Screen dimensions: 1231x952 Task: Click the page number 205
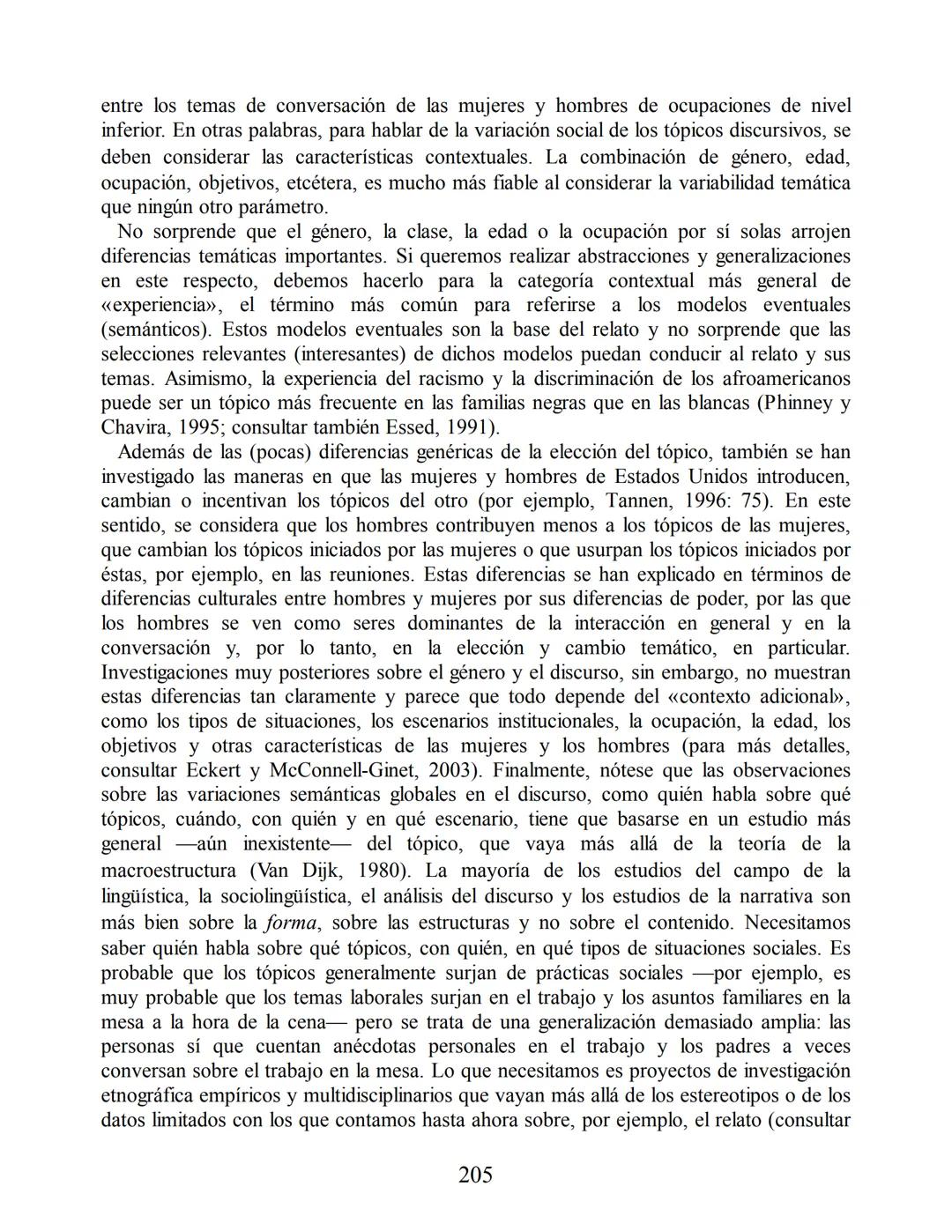(x=475, y=1175)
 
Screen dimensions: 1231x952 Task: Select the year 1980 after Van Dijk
(x=380, y=871)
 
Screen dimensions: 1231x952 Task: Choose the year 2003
(x=456, y=770)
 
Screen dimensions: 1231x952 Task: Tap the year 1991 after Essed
(x=461, y=428)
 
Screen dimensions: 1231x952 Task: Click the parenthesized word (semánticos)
(x=156, y=330)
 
